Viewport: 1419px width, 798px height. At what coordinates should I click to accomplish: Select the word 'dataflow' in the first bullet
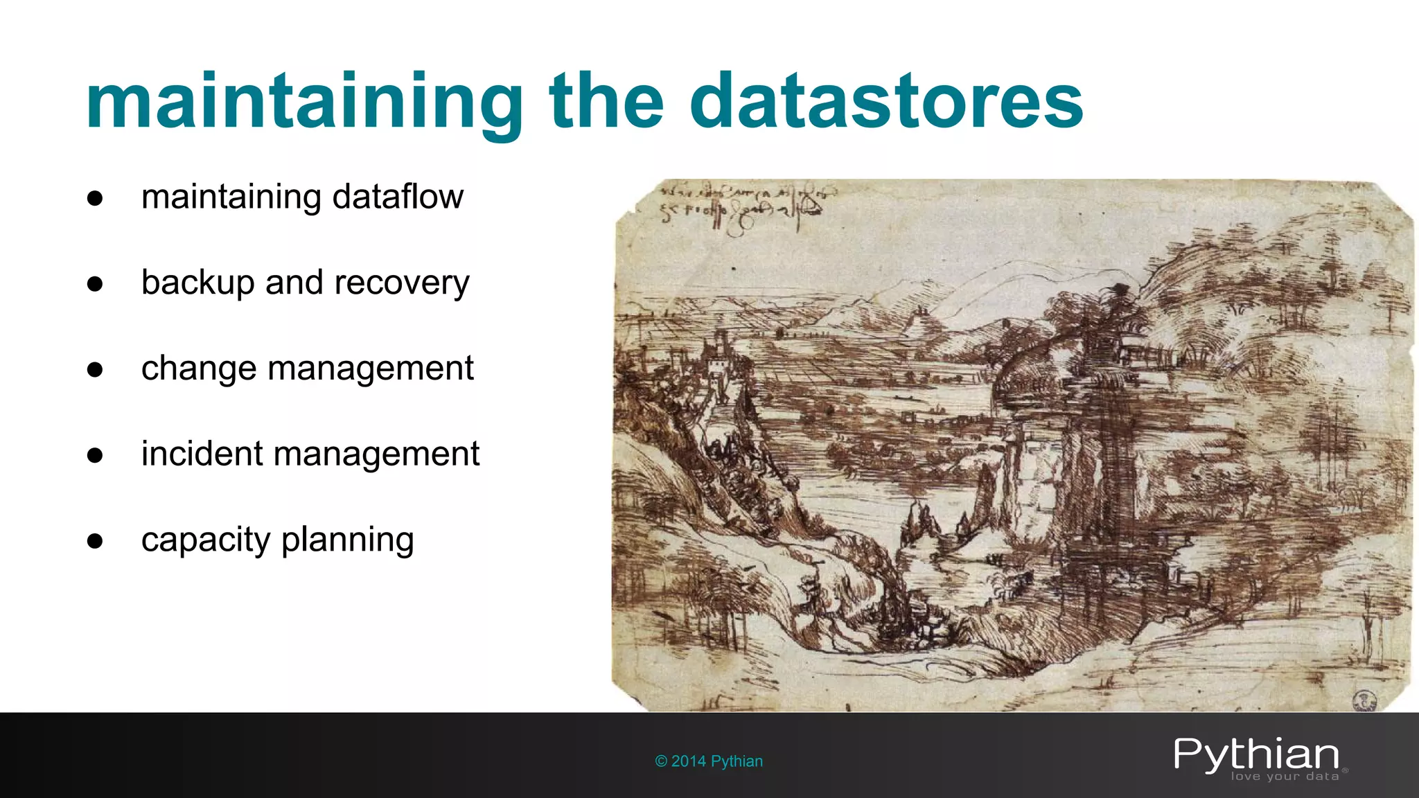click(x=398, y=197)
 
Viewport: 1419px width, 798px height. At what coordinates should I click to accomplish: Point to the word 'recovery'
click(x=402, y=283)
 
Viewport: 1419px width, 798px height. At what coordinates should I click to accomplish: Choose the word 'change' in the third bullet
click(x=199, y=369)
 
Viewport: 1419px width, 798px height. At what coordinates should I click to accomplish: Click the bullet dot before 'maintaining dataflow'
click(x=95, y=199)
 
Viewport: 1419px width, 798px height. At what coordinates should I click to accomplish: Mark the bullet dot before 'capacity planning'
click(x=95, y=541)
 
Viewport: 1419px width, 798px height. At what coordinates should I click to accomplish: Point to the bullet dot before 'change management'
click(x=95, y=370)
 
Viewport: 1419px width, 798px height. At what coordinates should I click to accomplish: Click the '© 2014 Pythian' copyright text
click(x=709, y=761)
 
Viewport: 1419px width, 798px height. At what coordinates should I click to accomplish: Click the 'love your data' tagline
click(x=1285, y=777)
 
